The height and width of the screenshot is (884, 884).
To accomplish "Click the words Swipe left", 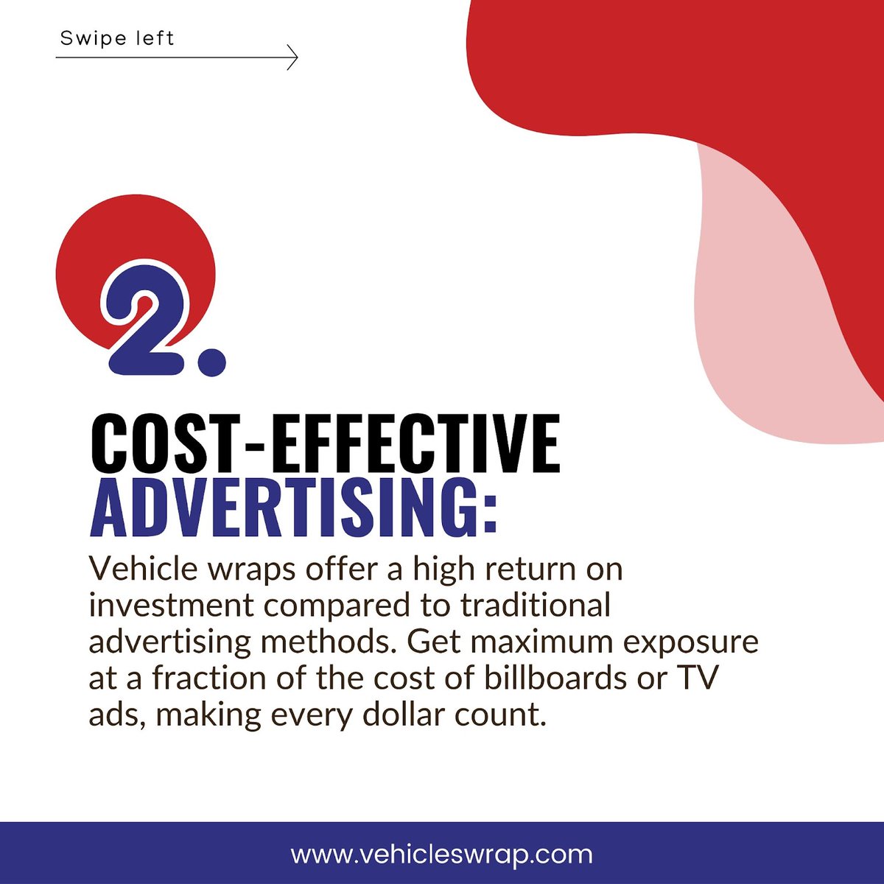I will click(x=116, y=38).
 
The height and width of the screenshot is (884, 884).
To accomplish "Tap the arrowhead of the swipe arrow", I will click(x=292, y=57).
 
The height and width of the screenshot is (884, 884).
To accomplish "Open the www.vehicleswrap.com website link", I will click(x=441, y=855).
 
